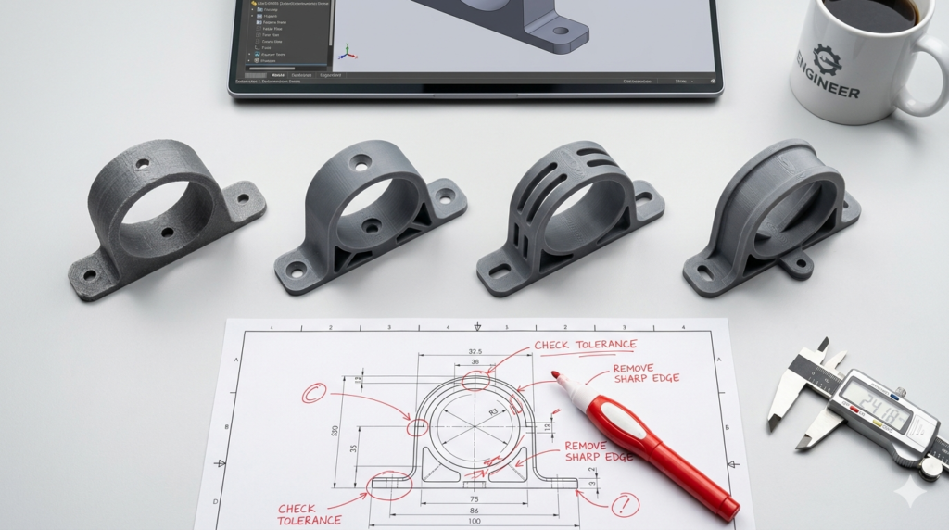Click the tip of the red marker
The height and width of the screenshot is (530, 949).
pos(556,375)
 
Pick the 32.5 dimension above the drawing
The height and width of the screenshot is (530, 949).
pos(475,352)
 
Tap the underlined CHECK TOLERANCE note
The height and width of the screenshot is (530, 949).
pos(585,346)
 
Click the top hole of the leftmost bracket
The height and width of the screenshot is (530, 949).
pos(142,164)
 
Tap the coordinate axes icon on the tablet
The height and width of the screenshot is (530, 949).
pos(348,51)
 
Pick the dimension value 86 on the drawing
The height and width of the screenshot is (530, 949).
pos(475,510)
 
